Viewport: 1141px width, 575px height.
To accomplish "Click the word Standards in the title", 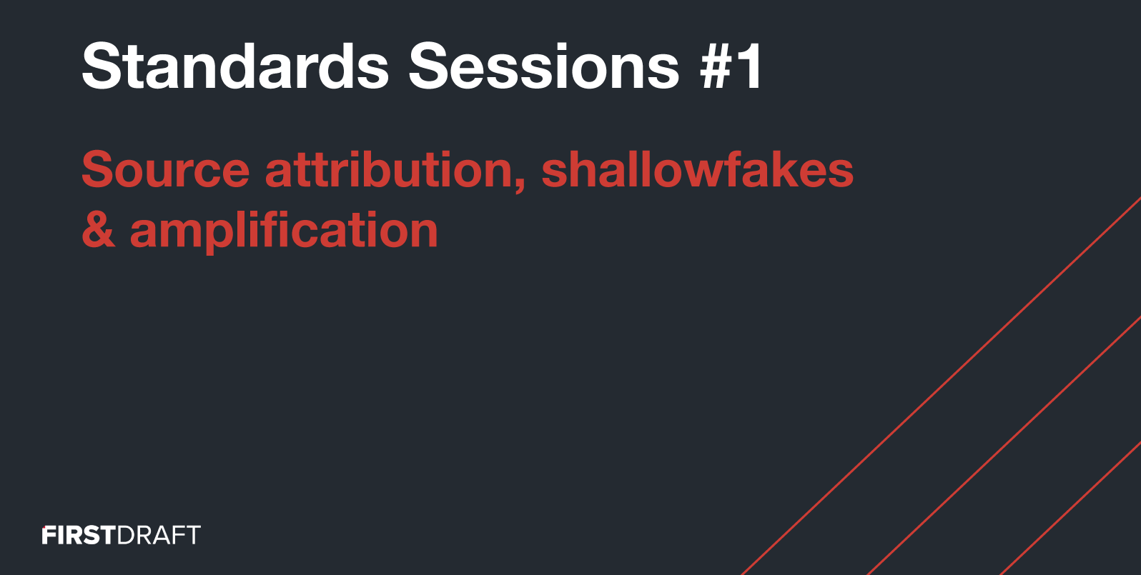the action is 235,66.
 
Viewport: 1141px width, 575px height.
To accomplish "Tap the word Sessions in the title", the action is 544,66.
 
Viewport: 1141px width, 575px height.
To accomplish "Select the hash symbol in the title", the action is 718,66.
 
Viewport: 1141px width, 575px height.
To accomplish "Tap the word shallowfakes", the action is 697,169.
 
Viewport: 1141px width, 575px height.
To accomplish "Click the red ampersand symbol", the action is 99,229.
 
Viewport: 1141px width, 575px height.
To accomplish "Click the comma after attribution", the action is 520,185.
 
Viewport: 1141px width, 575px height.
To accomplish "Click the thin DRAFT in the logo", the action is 159,535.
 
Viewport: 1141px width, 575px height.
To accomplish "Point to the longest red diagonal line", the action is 942,386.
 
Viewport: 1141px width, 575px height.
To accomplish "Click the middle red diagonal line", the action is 1004,446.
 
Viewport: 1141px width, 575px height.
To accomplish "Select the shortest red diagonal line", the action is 1070,509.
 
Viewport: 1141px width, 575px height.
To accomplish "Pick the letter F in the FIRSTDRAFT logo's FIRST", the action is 49,535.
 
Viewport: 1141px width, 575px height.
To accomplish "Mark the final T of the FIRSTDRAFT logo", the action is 193,535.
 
